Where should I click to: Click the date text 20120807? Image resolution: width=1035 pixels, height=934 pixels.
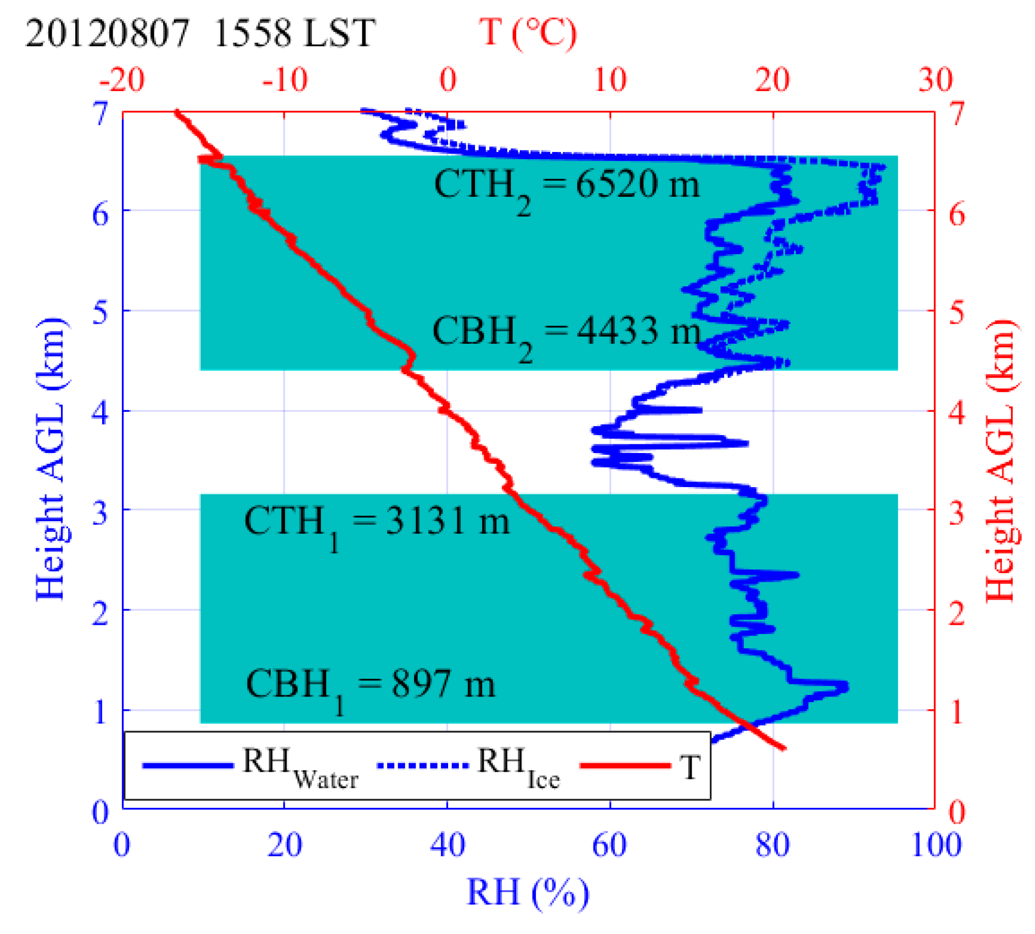point(107,34)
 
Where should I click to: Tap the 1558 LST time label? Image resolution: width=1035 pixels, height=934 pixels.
point(293,34)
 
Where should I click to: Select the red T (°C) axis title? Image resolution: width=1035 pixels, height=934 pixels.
point(528,33)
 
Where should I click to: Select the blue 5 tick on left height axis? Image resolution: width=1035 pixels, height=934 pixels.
point(101,311)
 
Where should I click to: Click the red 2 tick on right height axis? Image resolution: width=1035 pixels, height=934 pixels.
point(957,612)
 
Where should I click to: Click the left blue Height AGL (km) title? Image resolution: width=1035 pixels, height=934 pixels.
point(51,459)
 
